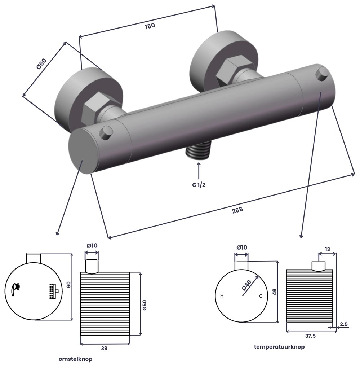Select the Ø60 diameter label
coord(41,64)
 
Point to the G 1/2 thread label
coord(199,185)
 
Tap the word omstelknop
coord(75,359)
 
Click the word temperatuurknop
coord(279,347)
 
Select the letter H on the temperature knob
coord(222,296)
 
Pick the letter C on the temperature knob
coord(261,296)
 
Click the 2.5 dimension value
coord(344,324)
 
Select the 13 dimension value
coord(327,249)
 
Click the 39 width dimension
coord(104,349)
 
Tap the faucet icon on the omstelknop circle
coord(15,289)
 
